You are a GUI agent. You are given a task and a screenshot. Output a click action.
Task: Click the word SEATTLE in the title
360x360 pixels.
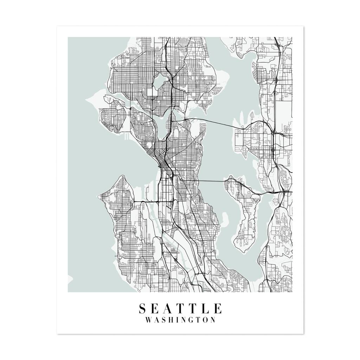tap(180, 308)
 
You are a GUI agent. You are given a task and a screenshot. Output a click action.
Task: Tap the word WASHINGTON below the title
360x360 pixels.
tap(180, 320)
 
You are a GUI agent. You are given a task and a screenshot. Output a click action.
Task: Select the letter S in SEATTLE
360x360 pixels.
tap(143, 308)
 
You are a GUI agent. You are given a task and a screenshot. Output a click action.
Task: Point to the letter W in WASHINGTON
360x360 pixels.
tap(149, 320)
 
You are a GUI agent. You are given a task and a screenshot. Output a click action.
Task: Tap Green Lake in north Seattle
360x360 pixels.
tap(160, 80)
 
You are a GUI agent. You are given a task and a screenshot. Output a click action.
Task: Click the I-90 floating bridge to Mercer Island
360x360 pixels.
tap(211, 181)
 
